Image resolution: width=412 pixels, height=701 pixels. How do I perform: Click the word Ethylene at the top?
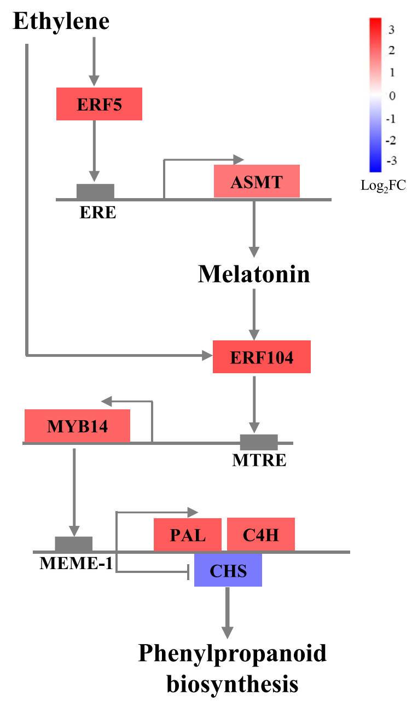coord(61,21)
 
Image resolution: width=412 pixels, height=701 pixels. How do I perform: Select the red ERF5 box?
coord(99,104)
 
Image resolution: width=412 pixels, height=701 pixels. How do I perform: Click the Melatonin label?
coord(253,274)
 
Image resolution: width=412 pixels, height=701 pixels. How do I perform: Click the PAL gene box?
coord(188,534)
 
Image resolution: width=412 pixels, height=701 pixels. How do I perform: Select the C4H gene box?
coord(261,534)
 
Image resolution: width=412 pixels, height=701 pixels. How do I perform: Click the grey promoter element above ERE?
coord(95,192)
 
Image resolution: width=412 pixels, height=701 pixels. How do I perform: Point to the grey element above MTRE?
coord(259,442)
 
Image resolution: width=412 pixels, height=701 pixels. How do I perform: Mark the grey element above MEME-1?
coord(73,544)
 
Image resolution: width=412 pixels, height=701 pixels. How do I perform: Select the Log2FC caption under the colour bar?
coord(383,187)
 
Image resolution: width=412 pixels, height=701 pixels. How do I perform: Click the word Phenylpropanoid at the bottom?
coord(232,654)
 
